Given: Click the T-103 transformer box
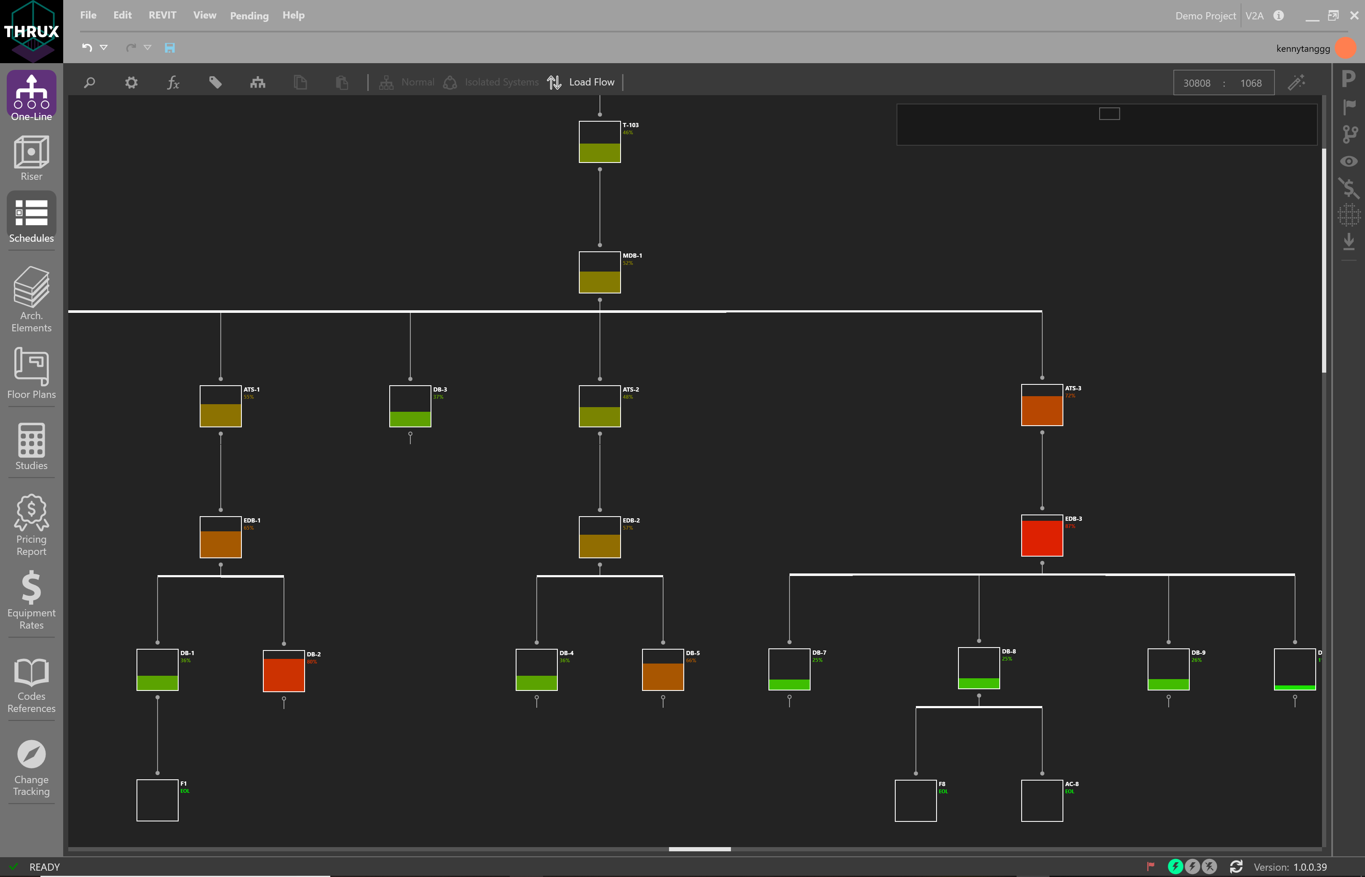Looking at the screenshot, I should click(x=600, y=142).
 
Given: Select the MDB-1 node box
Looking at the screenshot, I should click(x=600, y=272).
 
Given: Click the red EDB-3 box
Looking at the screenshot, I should click(x=1041, y=535).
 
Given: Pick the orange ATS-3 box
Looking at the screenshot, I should click(x=1041, y=405).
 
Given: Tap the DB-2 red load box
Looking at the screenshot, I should click(x=284, y=671).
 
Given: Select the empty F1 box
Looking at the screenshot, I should click(x=157, y=800).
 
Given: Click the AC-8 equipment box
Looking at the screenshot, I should click(x=1041, y=801).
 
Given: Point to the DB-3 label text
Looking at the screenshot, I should click(x=440, y=389).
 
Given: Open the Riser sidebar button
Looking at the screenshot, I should click(x=31, y=158).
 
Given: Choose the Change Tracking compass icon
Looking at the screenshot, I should click(x=31, y=754).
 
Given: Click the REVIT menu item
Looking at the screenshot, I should click(x=162, y=16).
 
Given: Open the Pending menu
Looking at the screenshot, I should click(x=249, y=16).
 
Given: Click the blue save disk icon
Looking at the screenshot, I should click(x=170, y=48).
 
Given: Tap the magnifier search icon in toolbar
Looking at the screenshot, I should click(x=89, y=83).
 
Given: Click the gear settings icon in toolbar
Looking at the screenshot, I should click(x=131, y=83).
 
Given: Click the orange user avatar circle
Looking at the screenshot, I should click(x=1346, y=48).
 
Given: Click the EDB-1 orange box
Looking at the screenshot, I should click(x=220, y=537).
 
